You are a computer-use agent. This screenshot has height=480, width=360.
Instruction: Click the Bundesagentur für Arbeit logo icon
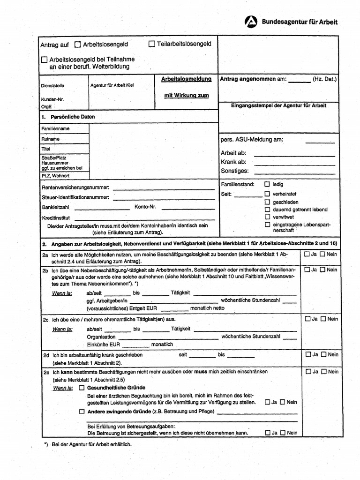pos(251,22)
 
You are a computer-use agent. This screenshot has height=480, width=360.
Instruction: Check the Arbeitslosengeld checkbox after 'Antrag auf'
pos(77,45)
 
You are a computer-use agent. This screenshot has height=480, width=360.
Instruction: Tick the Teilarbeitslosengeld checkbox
pos(151,44)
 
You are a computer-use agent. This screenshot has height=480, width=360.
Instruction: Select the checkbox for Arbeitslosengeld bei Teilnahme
pos(44,60)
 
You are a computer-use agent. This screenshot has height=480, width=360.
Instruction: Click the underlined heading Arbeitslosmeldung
pos(186,79)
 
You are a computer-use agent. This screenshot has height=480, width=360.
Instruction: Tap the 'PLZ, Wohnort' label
pos(55,176)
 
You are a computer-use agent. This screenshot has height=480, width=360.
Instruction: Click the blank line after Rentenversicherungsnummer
pos(164,188)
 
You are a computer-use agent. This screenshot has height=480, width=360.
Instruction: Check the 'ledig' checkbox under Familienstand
pos(267,185)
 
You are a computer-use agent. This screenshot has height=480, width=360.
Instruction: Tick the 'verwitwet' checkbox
pos(267,217)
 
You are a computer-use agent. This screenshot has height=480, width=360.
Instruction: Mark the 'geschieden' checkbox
pos(267,202)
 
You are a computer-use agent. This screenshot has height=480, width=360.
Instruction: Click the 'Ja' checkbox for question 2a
pos(307,255)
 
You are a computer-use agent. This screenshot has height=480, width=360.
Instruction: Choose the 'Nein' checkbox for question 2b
pos(322,270)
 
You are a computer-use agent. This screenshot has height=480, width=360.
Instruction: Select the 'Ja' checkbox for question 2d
pos(307,354)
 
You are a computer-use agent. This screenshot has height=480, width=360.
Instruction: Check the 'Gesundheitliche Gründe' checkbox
pos(82,388)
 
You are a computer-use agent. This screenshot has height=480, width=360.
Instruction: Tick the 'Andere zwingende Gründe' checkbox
pos(82,411)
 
